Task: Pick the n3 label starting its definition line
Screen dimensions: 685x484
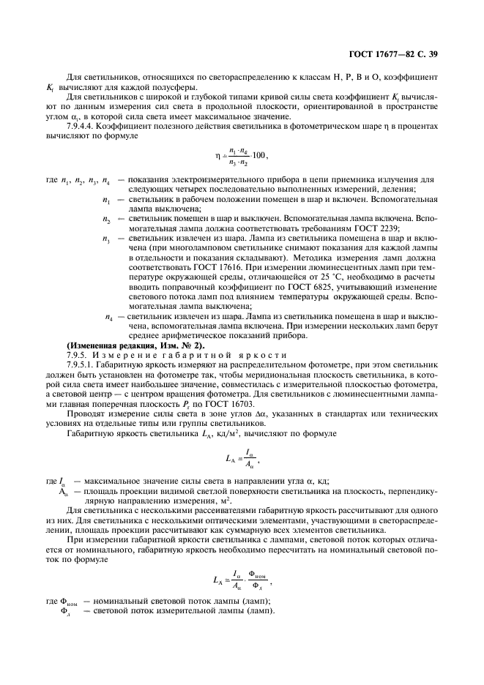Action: pyautogui.click(x=108, y=238)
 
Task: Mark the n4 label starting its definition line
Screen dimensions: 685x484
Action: pyautogui.click(x=109, y=315)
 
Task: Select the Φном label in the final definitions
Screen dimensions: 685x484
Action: pyautogui.click(x=68, y=602)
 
